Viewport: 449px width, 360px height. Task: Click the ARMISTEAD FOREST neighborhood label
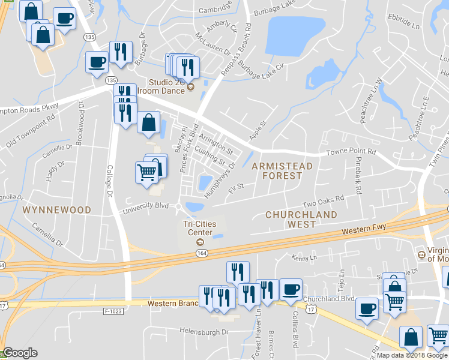pyautogui.click(x=277, y=170)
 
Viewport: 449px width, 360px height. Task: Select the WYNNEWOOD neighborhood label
pyautogui.click(x=56, y=210)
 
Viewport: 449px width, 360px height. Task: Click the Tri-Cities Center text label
pyautogui.click(x=198, y=228)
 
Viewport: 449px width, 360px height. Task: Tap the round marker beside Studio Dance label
pyautogui.click(x=191, y=88)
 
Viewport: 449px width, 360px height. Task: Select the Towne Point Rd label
pyautogui.click(x=350, y=153)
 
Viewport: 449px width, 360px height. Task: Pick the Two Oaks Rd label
pyautogui.click(x=323, y=199)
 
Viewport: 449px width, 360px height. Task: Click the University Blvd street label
pyautogui.click(x=145, y=207)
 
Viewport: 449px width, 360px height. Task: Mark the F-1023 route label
pyautogui.click(x=112, y=311)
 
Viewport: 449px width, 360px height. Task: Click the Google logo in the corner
pyautogui.click(x=20, y=353)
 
